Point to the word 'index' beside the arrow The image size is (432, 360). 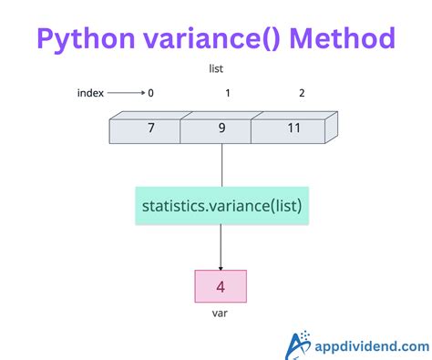pyautogui.click(x=90, y=93)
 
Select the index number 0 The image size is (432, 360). pyautogui.click(x=151, y=93)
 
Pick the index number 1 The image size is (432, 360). pyautogui.click(x=227, y=93)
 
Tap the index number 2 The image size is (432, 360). pyautogui.click(x=302, y=93)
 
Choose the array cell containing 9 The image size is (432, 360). pyautogui.click(x=221, y=129)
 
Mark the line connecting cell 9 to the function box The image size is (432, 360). pyautogui.click(x=221, y=164)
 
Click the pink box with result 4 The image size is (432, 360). pyautogui.click(x=221, y=286)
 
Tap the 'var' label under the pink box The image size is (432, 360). pyautogui.click(x=221, y=314)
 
